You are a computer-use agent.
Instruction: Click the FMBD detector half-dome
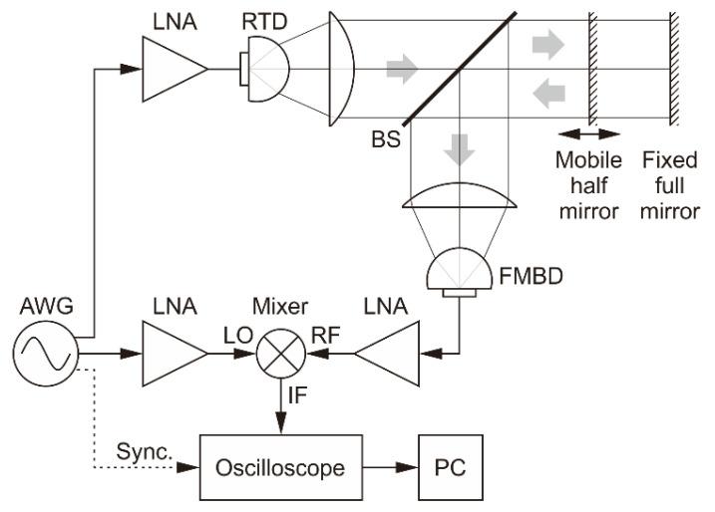click(460, 270)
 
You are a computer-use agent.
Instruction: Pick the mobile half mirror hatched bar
click(592, 69)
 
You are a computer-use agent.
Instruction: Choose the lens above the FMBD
click(460, 199)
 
